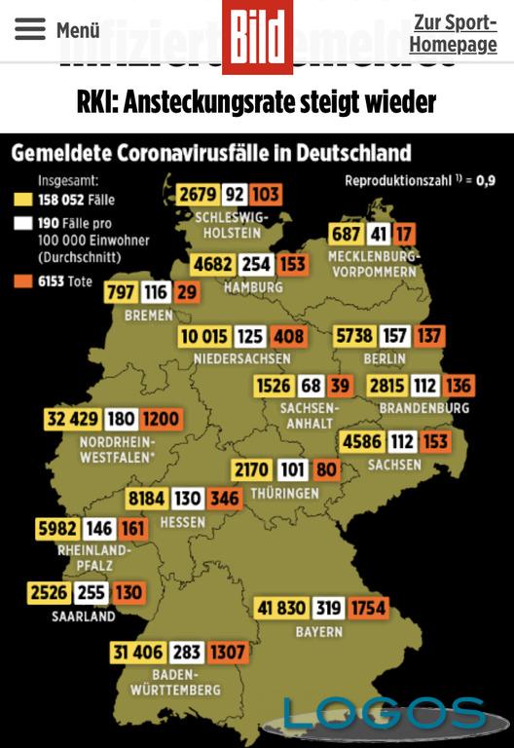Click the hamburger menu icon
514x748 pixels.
pyautogui.click(x=29, y=29)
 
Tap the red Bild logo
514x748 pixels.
pyautogui.click(x=257, y=37)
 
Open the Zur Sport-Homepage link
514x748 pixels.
pyautogui.click(x=453, y=33)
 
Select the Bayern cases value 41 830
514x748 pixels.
pyautogui.click(x=281, y=609)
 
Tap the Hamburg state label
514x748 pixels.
pyautogui.click(x=253, y=287)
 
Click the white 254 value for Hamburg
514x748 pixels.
pyautogui.click(x=256, y=265)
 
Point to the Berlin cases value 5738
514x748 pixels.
pyautogui.click(x=353, y=336)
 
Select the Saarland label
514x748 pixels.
pyautogui.click(x=84, y=616)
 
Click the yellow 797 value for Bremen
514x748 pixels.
pyautogui.click(x=120, y=293)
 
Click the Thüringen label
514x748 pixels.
pyautogui.click(x=283, y=494)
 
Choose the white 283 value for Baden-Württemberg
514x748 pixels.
pyautogui.click(x=187, y=652)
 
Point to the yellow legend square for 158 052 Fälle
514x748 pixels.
pyautogui.click(x=18, y=200)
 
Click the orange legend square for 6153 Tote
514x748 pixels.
pyautogui.click(x=18, y=281)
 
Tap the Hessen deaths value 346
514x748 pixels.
pyautogui.click(x=225, y=499)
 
